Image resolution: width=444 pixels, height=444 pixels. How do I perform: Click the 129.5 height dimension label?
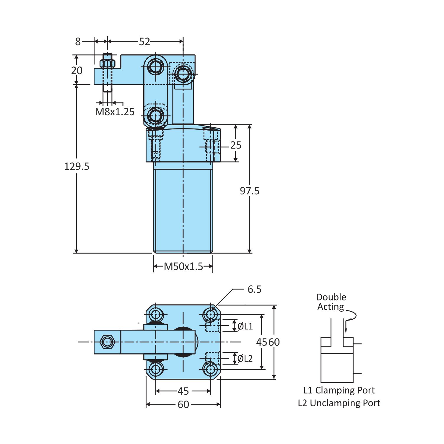[77, 166]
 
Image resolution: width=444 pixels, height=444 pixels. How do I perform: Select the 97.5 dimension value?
[250, 191]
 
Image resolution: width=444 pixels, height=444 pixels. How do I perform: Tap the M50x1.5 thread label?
[183, 266]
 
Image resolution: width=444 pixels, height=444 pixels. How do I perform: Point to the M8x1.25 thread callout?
[115, 112]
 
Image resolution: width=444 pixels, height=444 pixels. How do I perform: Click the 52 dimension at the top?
[144, 42]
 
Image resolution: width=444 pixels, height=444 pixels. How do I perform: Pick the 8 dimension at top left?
[78, 42]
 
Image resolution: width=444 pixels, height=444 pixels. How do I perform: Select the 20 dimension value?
[77, 70]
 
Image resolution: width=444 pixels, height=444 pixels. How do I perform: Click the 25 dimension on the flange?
[236, 145]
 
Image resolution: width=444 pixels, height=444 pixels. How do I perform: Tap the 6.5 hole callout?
[254, 289]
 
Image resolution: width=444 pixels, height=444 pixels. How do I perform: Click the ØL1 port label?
[245, 326]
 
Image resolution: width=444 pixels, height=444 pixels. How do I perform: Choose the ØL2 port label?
[245, 359]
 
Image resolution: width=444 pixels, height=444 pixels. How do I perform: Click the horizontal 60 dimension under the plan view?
[183, 404]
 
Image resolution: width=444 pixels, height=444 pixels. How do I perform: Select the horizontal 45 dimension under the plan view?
[183, 391]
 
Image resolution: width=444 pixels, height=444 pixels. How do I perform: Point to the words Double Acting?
[331, 302]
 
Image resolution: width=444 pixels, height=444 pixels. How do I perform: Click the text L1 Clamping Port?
[339, 390]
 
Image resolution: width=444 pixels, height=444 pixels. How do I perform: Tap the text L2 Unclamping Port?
[339, 403]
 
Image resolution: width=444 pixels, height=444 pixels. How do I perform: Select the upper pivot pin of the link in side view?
[156, 67]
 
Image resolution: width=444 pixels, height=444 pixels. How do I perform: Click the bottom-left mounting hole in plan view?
[156, 369]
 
